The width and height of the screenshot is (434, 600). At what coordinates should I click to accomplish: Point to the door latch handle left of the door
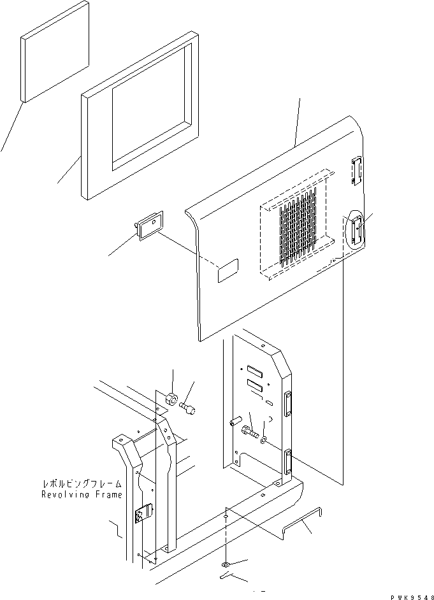tap(148, 225)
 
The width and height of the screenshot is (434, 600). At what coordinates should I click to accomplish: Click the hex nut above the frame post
tap(171, 399)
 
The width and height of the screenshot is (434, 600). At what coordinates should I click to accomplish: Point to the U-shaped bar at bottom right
tap(303, 520)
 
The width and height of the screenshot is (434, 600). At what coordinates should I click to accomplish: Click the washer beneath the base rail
tap(225, 564)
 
